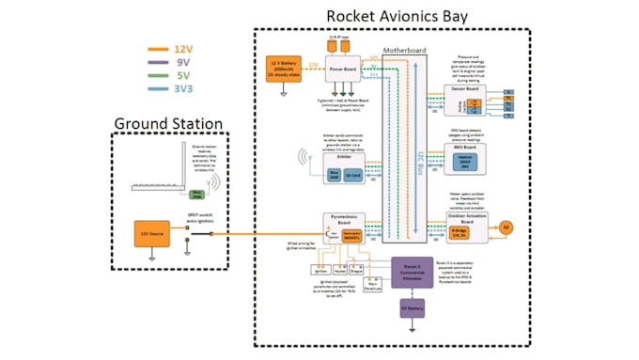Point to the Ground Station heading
(x=168, y=123)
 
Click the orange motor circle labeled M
(x=504, y=227)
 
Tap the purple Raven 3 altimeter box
(x=404, y=272)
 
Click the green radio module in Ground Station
(x=196, y=194)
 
